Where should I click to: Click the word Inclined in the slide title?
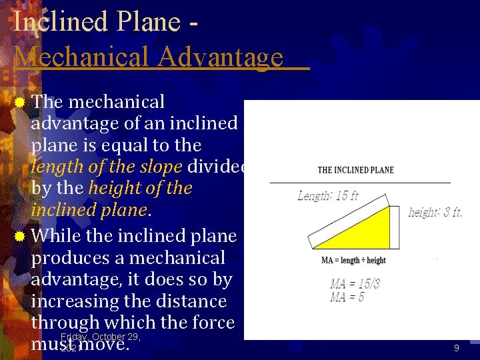(x=61, y=21)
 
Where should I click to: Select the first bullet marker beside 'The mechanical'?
(x=20, y=103)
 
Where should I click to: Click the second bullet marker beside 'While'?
(x=20, y=237)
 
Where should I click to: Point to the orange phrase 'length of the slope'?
(x=107, y=167)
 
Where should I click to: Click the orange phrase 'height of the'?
(x=139, y=188)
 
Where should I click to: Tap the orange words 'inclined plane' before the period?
(x=88, y=209)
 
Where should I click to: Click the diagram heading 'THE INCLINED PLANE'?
(x=355, y=170)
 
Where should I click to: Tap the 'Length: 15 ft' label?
(x=327, y=196)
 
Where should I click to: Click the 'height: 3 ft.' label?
(x=435, y=212)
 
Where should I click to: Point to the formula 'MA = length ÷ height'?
(x=353, y=260)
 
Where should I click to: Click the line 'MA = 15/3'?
(x=354, y=283)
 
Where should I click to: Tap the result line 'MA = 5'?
(x=347, y=297)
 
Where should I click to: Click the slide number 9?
(x=456, y=348)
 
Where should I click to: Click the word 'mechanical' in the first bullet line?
(x=116, y=102)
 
